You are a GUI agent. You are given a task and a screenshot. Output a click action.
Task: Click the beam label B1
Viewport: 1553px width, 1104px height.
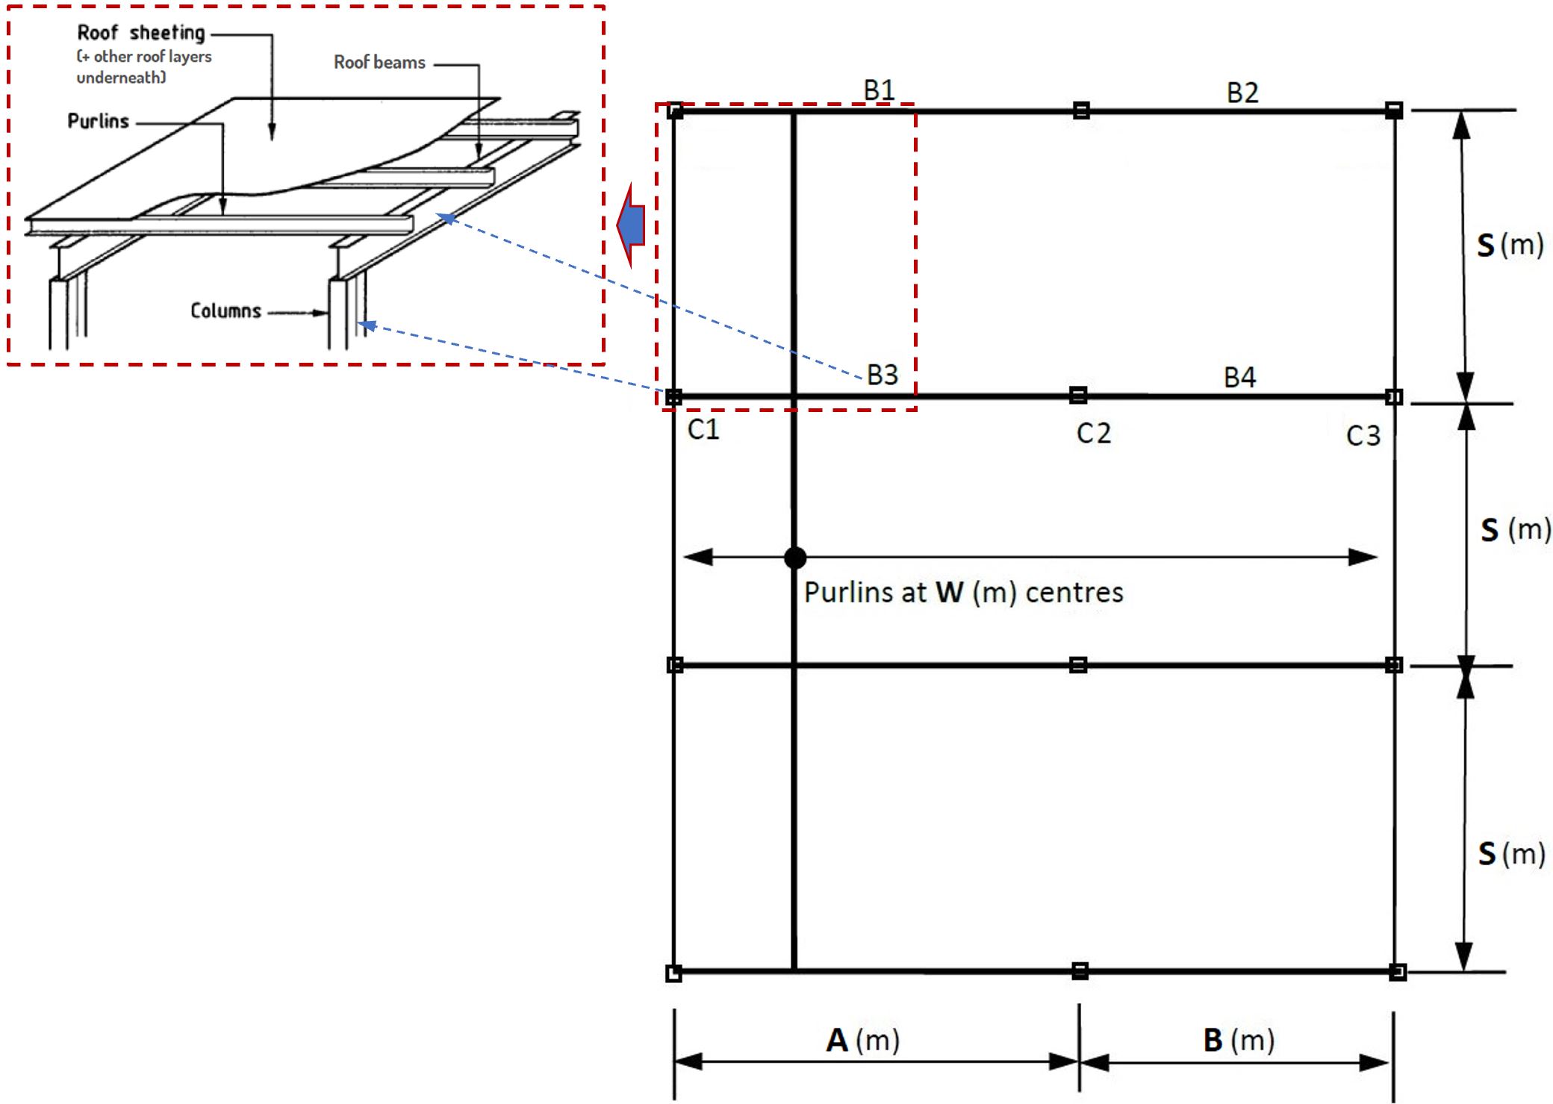(x=879, y=90)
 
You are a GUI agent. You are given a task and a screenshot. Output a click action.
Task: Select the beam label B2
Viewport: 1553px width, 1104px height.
(x=1242, y=93)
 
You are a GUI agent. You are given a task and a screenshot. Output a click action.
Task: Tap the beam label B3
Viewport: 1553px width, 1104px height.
(x=882, y=375)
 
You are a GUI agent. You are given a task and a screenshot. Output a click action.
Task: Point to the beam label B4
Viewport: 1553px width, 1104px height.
(x=1239, y=377)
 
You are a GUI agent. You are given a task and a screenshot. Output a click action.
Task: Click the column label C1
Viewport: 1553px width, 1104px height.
(x=703, y=429)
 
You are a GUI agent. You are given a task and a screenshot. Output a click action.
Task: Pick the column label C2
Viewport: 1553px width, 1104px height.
(x=1093, y=433)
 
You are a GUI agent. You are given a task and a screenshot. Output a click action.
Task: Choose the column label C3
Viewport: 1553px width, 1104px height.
(x=1363, y=436)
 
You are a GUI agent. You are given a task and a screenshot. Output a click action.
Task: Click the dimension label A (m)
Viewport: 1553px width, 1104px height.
(x=862, y=1040)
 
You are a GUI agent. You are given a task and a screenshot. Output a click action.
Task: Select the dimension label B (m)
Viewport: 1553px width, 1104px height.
(x=1239, y=1040)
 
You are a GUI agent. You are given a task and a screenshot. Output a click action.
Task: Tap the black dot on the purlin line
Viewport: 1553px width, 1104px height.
(x=795, y=558)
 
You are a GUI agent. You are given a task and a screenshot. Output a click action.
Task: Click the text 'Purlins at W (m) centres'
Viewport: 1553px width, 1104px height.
(x=963, y=593)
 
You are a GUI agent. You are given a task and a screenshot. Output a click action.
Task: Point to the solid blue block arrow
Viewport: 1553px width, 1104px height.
(x=632, y=225)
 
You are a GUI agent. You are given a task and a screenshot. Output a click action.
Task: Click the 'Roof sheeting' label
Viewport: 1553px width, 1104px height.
(x=141, y=33)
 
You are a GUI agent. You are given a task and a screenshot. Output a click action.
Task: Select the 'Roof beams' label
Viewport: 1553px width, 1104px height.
(x=379, y=63)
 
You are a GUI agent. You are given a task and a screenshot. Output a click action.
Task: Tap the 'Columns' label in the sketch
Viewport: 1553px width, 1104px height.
(x=225, y=311)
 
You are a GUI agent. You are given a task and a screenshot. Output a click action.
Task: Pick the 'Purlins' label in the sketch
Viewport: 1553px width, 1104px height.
(x=99, y=122)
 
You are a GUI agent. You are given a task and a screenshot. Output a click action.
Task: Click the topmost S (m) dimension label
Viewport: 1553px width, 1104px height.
(x=1510, y=245)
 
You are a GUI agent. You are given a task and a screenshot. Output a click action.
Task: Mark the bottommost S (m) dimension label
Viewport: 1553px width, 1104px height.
(x=1511, y=853)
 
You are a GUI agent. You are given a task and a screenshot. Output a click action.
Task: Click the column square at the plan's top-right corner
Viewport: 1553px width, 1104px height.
(x=1394, y=110)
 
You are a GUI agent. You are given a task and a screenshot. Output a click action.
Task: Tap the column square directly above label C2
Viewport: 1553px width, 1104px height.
(x=1078, y=395)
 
